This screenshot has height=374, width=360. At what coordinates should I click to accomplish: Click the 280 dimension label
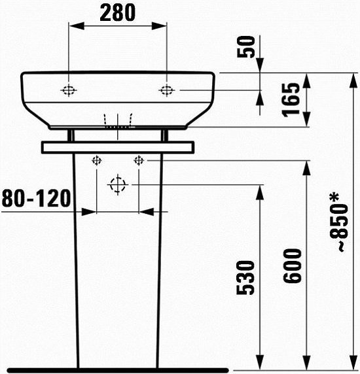(117, 13)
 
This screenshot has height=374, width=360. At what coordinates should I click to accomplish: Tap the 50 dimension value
(246, 47)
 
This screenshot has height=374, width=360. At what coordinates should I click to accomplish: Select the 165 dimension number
(291, 100)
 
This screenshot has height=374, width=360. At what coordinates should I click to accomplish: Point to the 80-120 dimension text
(36, 198)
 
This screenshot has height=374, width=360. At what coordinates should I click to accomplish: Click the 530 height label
(245, 278)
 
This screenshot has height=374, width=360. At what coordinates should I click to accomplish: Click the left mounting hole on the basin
(69, 90)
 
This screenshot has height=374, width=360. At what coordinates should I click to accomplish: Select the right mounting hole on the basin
(167, 90)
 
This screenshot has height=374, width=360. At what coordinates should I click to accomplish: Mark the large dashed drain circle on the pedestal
(118, 184)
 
